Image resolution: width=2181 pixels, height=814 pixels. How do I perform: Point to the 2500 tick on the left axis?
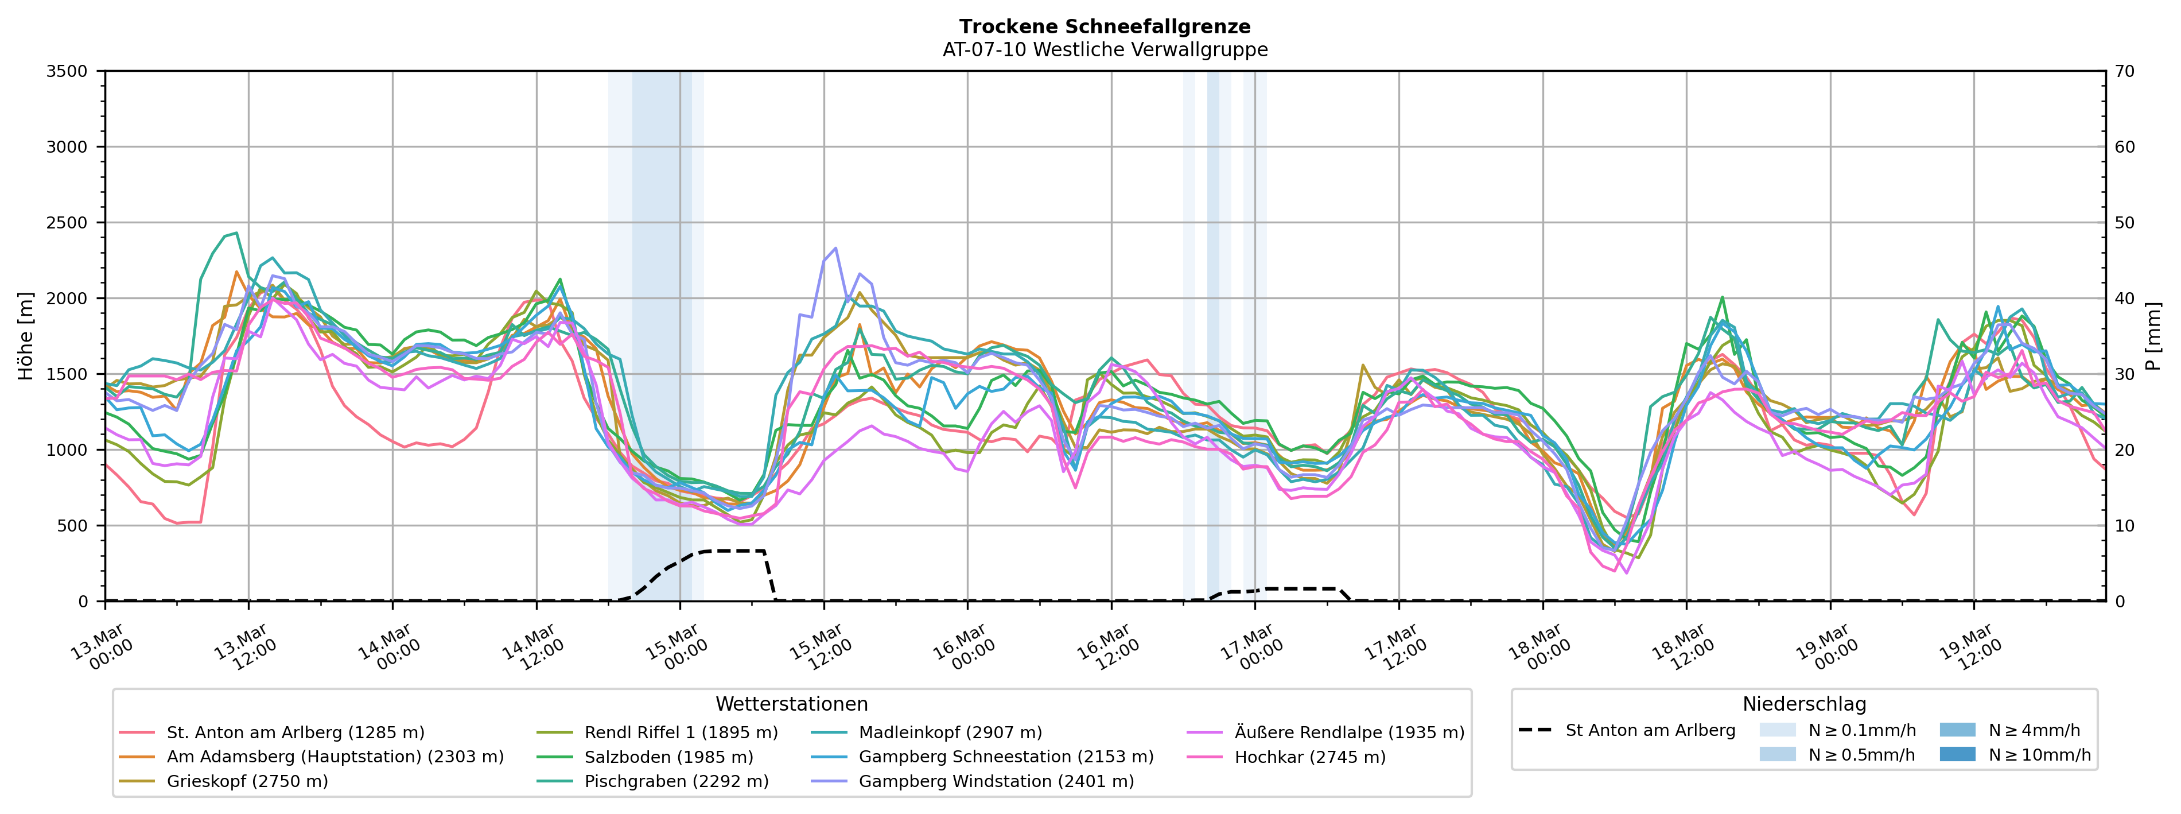pos(67,223)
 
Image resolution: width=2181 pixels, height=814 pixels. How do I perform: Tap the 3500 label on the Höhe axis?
pos(67,71)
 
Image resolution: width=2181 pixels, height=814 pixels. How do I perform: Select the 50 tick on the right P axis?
pos(2124,223)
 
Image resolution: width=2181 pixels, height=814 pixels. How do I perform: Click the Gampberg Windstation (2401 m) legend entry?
pos(996,781)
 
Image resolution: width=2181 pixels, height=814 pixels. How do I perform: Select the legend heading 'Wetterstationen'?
pos(792,704)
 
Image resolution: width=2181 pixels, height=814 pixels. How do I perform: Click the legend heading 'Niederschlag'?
pos(1803,704)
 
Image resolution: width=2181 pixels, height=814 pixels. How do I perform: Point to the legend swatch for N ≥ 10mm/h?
pos(1957,754)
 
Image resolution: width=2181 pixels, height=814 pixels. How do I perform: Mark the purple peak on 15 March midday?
pos(835,248)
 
